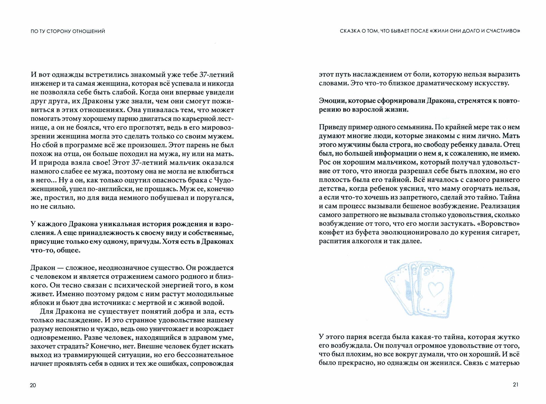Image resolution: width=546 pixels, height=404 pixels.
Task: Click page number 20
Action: [x=33, y=385]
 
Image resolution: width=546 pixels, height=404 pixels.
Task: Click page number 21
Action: [x=515, y=385]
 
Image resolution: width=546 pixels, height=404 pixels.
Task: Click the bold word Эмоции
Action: [x=331, y=101]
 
